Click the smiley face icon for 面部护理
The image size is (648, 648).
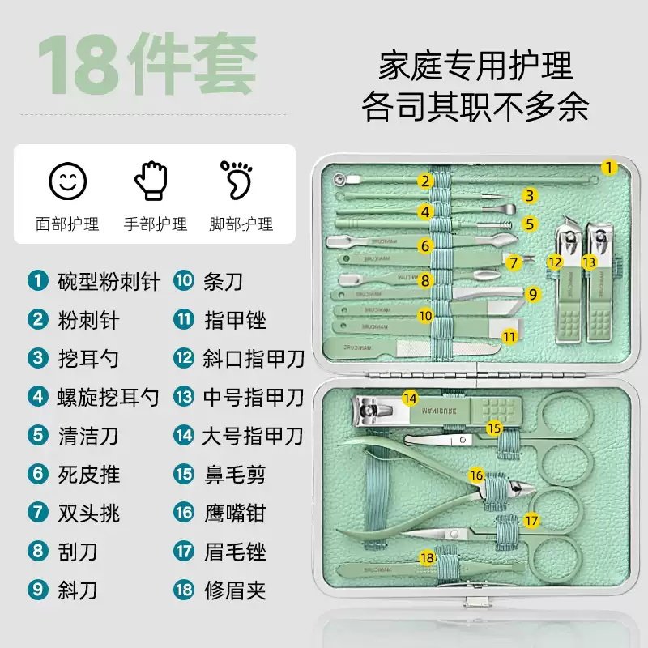[x=66, y=180]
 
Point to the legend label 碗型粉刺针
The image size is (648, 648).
[x=109, y=282]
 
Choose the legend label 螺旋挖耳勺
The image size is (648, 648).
[x=109, y=397]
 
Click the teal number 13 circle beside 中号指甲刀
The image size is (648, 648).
[x=184, y=397]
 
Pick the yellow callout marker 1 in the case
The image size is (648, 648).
[x=609, y=168]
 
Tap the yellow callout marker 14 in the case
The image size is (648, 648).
[x=411, y=398]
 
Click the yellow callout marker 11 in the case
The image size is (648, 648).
[x=509, y=335]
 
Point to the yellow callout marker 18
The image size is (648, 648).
[x=427, y=557]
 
